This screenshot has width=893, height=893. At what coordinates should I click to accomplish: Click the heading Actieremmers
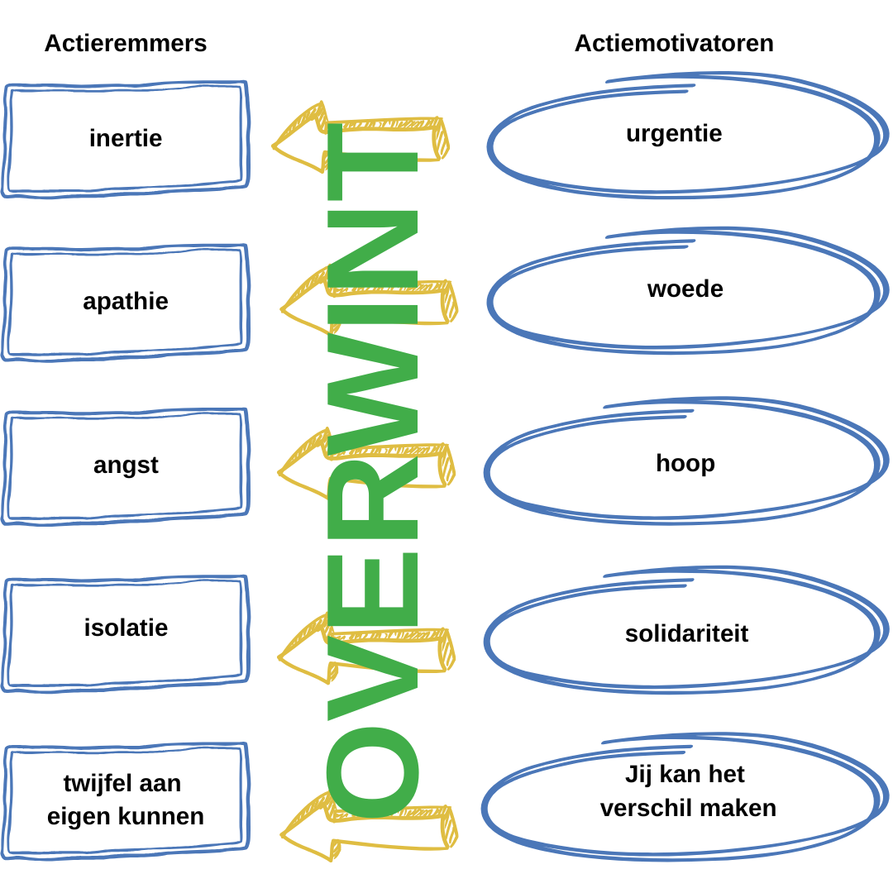coord(126,43)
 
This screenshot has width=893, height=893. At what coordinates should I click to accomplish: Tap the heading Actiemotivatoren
coord(674,43)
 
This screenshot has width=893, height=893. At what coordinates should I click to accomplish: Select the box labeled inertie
coord(126,138)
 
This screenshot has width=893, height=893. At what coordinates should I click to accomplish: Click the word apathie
coord(126,301)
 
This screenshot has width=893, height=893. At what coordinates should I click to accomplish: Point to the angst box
coord(126,466)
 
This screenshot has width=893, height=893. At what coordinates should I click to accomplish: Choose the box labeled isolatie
coord(126,628)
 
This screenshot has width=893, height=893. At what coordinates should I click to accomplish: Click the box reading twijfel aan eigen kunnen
coord(126,800)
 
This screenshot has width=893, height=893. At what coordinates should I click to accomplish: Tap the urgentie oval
coord(674,134)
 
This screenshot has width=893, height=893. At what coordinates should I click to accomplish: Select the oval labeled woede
coord(685,289)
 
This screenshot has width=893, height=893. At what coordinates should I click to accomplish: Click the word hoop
coord(685,463)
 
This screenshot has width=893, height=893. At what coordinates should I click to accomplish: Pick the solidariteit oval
coord(686,634)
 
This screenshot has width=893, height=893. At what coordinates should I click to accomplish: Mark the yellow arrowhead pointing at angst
coord(303,468)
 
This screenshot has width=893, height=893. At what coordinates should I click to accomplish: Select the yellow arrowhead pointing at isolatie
coord(303,653)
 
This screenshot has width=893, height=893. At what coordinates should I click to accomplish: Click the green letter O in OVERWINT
coord(372,771)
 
